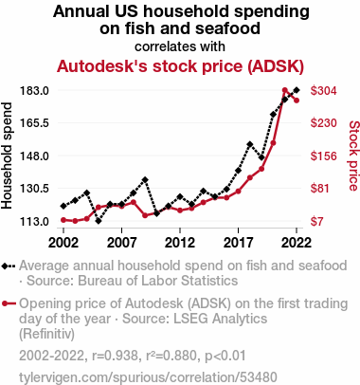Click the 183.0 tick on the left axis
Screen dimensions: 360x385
(34, 91)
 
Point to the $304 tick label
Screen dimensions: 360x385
(324, 91)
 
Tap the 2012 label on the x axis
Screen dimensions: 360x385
(180, 243)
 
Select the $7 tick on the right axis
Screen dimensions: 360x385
(317, 221)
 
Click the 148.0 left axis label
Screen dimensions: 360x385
(34, 156)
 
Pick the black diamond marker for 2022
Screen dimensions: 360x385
(297, 90)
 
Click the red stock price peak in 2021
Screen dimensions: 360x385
(285, 90)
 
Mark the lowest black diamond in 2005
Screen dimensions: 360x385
(99, 221)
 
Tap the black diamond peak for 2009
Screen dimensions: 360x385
(145, 180)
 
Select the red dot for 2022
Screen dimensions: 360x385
(297, 101)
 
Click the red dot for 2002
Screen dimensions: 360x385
(63, 220)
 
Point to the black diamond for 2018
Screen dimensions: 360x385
(250, 144)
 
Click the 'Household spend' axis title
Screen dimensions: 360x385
(7, 156)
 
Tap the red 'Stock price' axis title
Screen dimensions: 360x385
(354, 156)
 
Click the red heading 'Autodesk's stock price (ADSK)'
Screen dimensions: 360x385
(180, 66)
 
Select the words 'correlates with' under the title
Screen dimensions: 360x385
(180, 46)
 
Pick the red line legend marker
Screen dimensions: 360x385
(9, 303)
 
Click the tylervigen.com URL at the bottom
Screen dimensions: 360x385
(148, 377)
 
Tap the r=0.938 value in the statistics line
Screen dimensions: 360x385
(116, 356)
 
